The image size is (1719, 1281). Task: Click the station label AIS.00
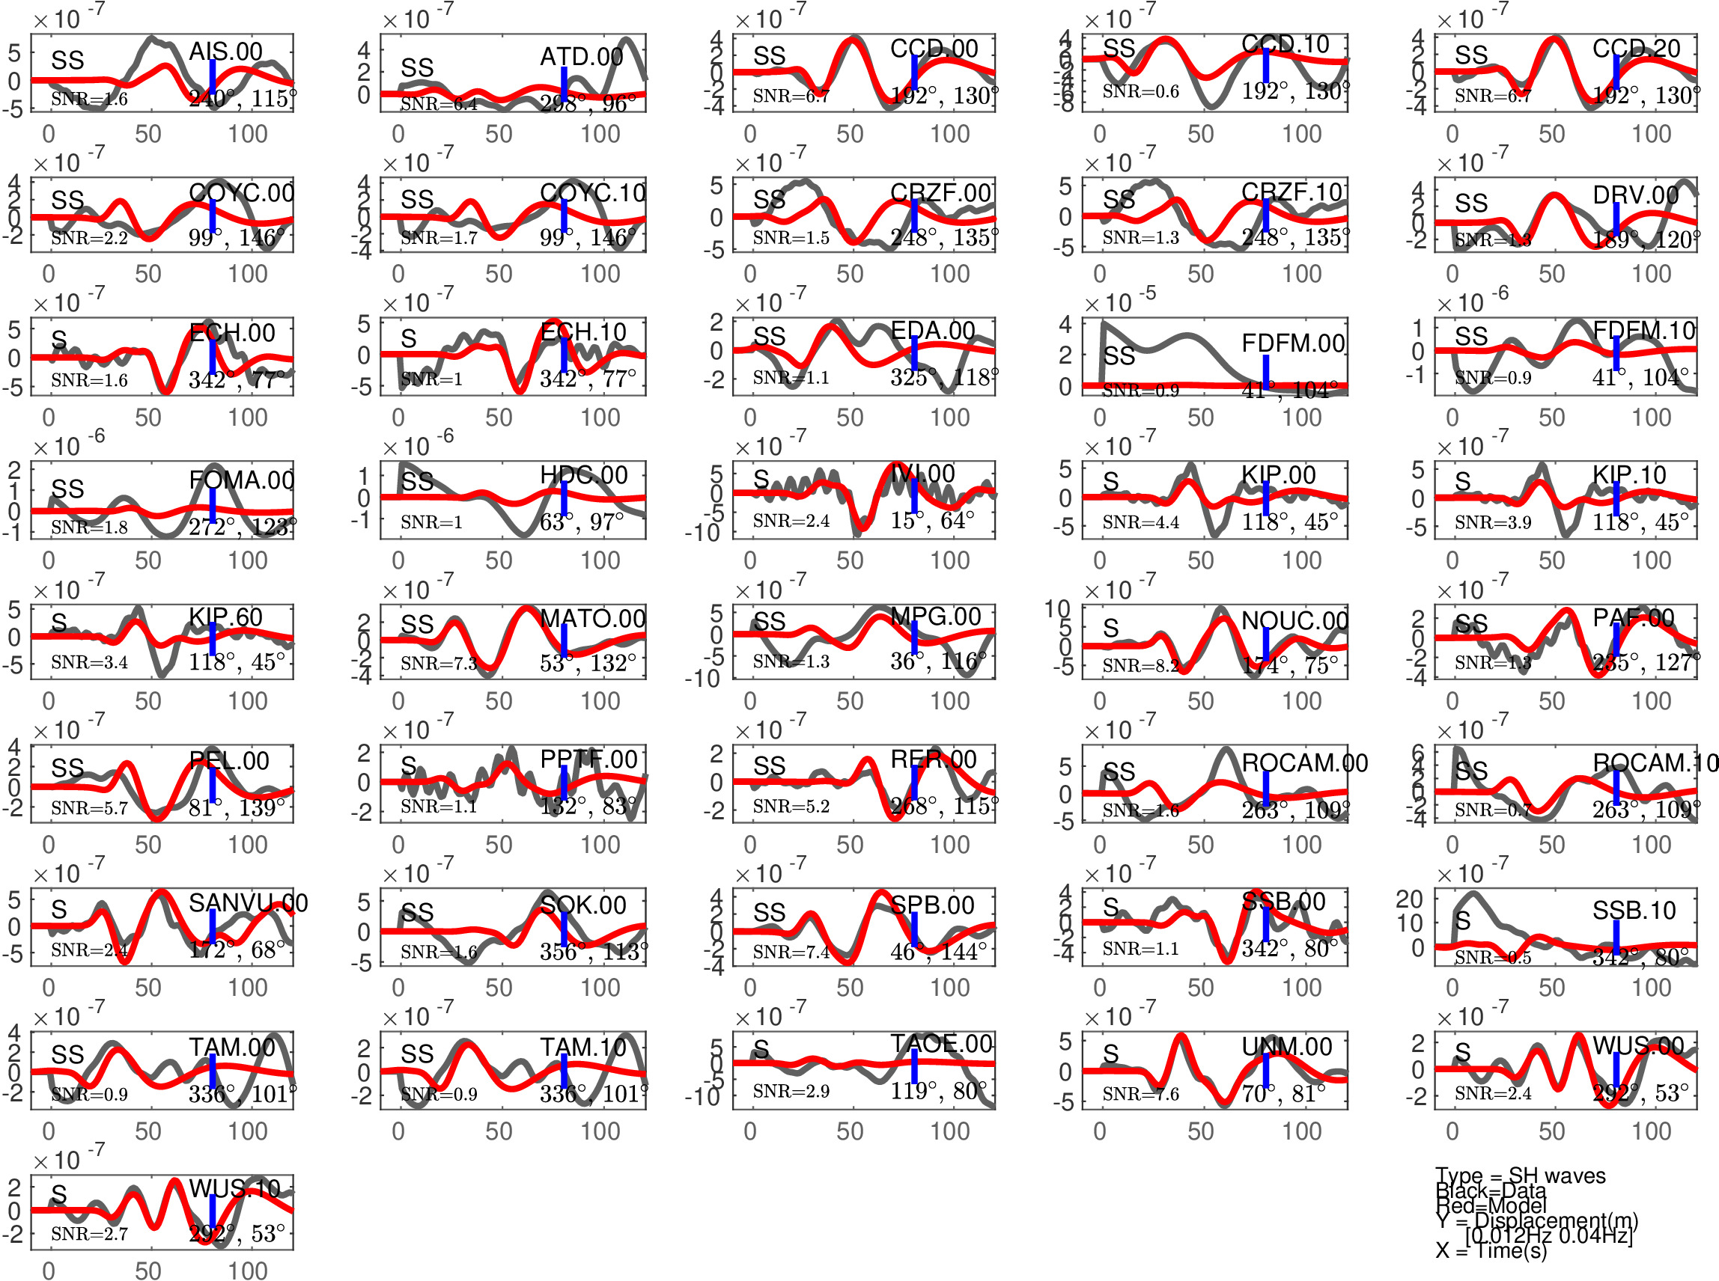[226, 52]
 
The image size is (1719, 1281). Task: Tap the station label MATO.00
[593, 619]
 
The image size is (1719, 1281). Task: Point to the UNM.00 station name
[1286, 1047]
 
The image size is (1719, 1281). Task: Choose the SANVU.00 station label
[249, 902]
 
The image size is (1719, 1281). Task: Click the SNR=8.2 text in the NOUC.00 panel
[1140, 665]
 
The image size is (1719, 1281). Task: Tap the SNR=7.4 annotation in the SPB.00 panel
[791, 952]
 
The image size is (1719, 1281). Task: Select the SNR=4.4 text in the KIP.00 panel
[1140, 522]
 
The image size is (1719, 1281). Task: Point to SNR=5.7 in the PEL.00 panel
[89, 808]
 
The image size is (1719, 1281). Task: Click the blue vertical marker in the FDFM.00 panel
[1265, 372]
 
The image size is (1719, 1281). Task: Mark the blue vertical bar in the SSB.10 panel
[1616, 937]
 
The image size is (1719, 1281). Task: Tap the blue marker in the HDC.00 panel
[564, 498]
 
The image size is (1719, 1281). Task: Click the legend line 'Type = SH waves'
[1520, 1175]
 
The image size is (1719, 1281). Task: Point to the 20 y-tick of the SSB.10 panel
[1410, 899]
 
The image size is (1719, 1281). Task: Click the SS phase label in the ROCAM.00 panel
[1119, 771]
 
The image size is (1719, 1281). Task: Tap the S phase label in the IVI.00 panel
[761, 478]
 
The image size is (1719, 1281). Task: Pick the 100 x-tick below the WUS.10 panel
[248, 1270]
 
